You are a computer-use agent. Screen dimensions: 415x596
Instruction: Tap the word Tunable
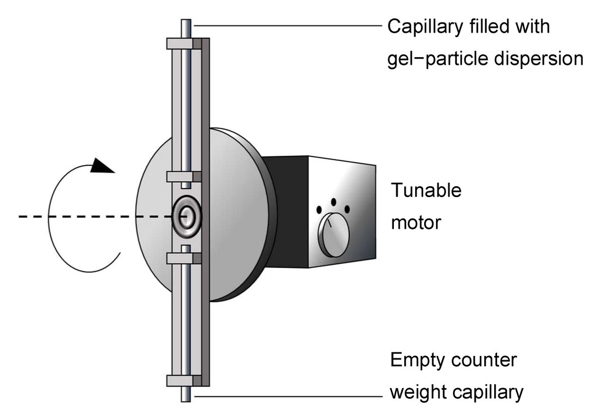pyautogui.click(x=426, y=190)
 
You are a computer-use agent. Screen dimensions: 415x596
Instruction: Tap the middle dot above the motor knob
pyautogui.click(x=334, y=202)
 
